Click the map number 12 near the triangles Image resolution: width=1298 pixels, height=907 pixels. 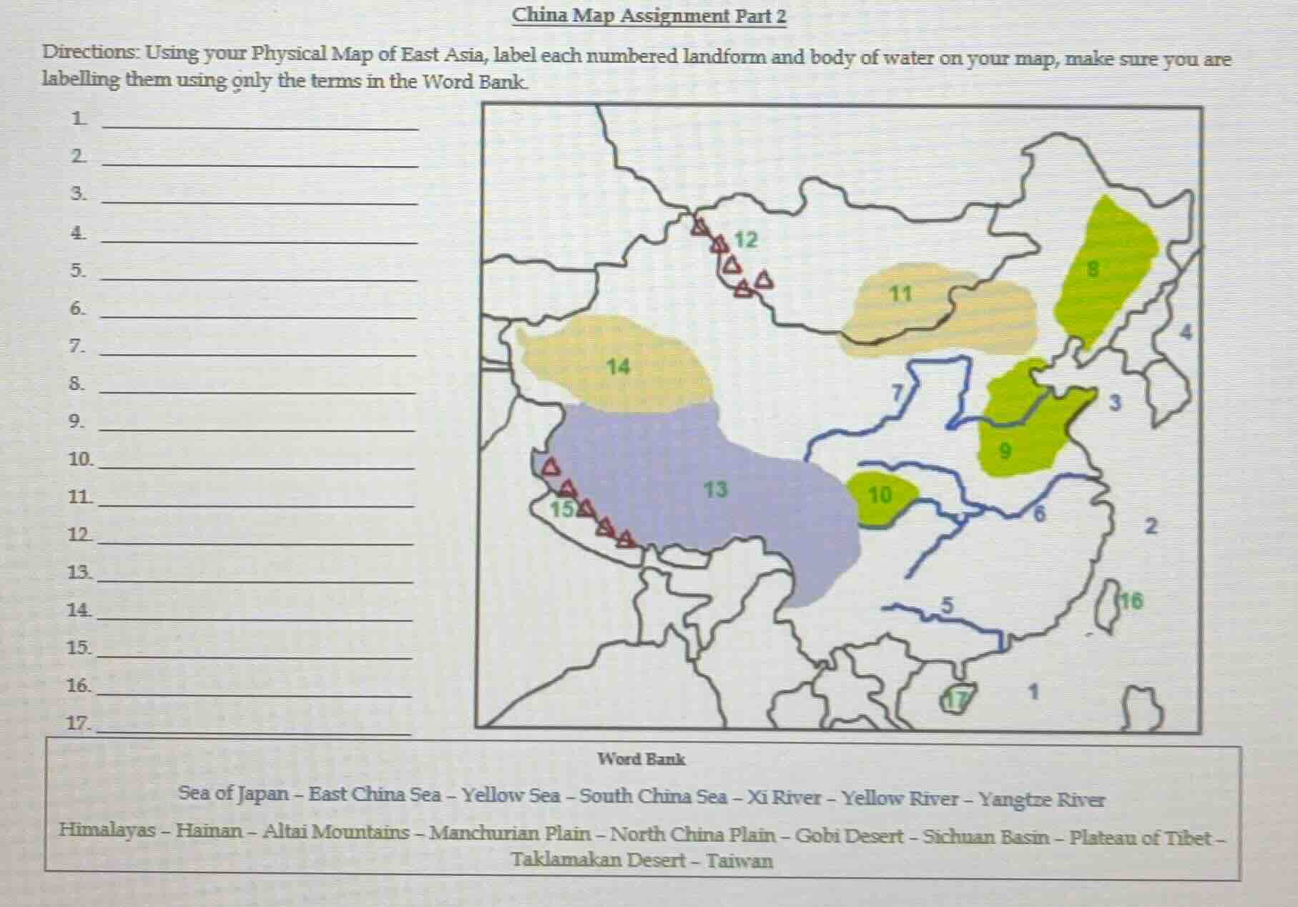pyautogui.click(x=745, y=240)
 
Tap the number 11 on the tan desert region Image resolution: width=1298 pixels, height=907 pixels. pyautogui.click(x=900, y=294)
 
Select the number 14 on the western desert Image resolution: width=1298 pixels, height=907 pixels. pyautogui.click(x=618, y=367)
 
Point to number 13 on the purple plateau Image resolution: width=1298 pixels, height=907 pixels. pyautogui.click(x=715, y=490)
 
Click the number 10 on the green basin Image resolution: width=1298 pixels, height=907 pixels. pyautogui.click(x=880, y=495)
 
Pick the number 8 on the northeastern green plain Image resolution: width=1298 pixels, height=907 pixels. pyautogui.click(x=1092, y=270)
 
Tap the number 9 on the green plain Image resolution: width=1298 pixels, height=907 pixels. pyautogui.click(x=1005, y=451)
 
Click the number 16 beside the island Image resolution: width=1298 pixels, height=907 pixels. pyautogui.click(x=1132, y=601)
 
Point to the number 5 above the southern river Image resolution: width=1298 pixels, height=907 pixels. pyautogui.click(x=947, y=605)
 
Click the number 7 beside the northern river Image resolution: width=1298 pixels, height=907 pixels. pyautogui.click(x=898, y=393)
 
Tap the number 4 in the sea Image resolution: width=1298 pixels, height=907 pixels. pyautogui.click(x=1186, y=333)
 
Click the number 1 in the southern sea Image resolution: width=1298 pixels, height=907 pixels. pyautogui.click(x=1032, y=692)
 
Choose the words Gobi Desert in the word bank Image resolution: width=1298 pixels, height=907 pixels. pyautogui.click(x=849, y=835)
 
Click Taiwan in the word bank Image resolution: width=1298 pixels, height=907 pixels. pyautogui.click(x=739, y=861)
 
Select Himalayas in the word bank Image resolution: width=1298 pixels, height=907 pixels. pyautogui.click(x=107, y=830)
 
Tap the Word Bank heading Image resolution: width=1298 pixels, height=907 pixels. pyautogui.click(x=641, y=760)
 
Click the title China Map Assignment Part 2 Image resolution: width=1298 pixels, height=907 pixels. pyautogui.click(x=649, y=16)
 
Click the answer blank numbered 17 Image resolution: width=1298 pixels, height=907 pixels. pyautogui.click(x=254, y=728)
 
